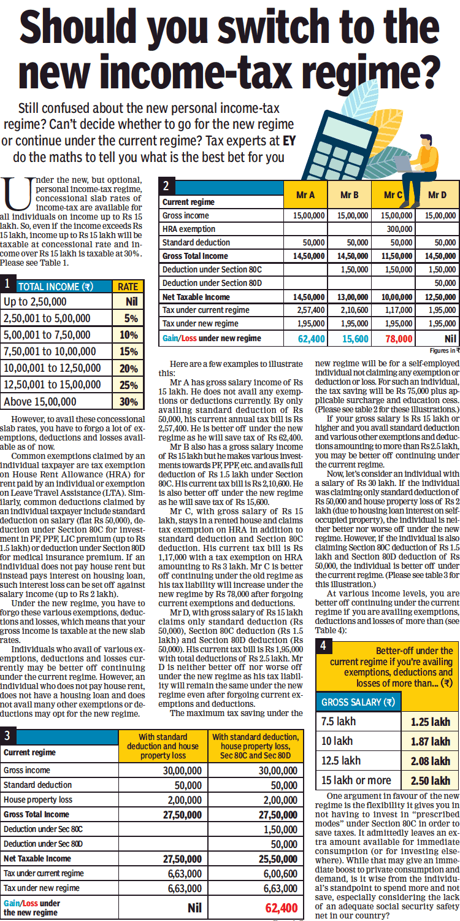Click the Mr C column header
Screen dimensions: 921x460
(393, 195)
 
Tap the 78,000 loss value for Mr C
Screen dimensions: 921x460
(398, 338)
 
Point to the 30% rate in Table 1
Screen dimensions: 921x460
(129, 402)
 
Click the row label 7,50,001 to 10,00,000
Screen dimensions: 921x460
(47, 352)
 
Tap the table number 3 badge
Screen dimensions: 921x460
(7, 736)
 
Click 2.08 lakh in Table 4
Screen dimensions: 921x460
(430, 761)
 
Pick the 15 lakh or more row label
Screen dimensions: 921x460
(356, 780)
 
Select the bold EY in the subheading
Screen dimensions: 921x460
(289, 140)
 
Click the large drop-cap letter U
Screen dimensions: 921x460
(17, 193)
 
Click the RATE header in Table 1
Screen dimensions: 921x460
(128, 286)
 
